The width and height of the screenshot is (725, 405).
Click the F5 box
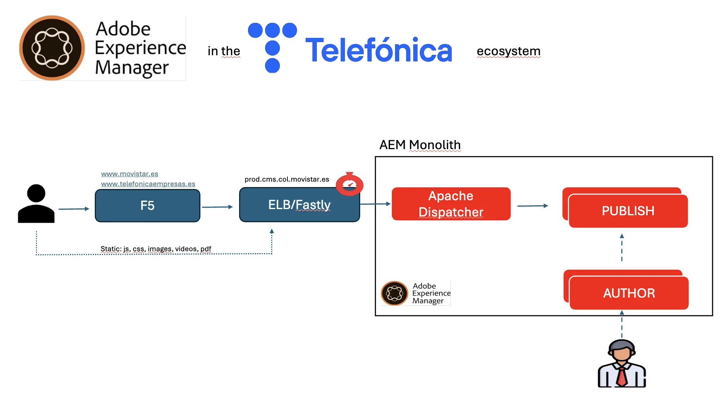[147, 206]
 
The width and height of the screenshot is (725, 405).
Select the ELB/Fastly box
[299, 205]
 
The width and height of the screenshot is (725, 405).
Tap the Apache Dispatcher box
[451, 204]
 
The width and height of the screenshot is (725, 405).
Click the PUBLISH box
[628, 211]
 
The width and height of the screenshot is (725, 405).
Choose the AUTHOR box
[629, 293]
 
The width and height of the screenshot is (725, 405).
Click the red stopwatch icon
[349, 184]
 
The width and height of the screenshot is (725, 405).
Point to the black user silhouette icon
[36, 204]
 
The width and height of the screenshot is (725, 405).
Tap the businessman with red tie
[622, 364]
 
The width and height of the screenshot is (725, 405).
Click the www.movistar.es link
[130, 174]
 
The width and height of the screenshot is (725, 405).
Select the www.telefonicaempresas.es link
[148, 184]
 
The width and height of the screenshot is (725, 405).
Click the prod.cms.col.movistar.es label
[287, 179]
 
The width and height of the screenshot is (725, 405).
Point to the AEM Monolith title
[420, 145]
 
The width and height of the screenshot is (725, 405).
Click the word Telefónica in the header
[379, 51]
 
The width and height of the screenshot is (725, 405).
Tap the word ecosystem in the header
[508, 51]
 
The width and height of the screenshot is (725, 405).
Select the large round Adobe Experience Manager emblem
[52, 48]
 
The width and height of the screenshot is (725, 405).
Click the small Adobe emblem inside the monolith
[395, 293]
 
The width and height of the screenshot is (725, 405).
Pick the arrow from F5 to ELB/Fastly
[217, 207]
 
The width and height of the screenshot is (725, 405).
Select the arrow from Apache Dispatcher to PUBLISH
[532, 206]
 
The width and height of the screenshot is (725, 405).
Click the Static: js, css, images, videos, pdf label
[156, 249]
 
